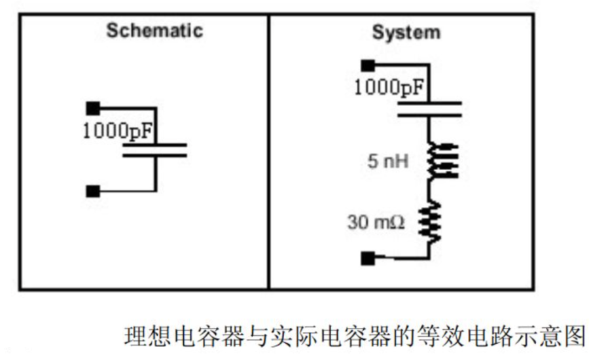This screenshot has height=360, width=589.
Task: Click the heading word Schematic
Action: pos(154,31)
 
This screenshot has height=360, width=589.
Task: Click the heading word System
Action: pos(406,33)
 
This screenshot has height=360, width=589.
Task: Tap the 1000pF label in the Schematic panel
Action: pos(117,131)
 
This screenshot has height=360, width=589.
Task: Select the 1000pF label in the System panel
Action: pos(389,87)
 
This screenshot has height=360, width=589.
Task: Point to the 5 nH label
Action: pos(387,161)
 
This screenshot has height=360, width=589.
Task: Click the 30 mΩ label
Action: pos(376,222)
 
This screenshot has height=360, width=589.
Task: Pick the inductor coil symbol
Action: pos(442,160)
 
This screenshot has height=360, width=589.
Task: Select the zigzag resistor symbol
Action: pos(430,222)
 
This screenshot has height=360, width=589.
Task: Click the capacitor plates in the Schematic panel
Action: pos(154,150)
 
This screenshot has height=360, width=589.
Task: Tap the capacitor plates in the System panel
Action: pos(430,109)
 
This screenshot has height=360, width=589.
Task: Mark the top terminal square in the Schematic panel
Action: pos(93,109)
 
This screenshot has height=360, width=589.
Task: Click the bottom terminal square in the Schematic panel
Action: pos(93,191)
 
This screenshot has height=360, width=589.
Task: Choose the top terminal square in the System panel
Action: pos(368,65)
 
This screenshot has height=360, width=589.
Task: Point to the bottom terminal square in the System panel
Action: pos(368,259)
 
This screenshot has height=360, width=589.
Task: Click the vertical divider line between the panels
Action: pos(269,152)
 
